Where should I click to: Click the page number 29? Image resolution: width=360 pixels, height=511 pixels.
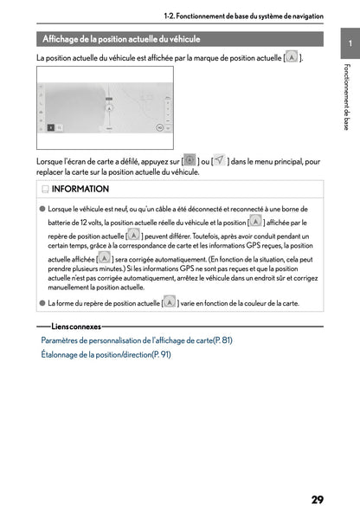[318, 475]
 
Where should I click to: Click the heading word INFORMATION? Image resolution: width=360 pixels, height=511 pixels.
[80, 189]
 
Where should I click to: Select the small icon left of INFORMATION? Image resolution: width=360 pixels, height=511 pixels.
[44, 189]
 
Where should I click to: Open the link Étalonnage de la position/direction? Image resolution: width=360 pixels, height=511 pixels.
[106, 354]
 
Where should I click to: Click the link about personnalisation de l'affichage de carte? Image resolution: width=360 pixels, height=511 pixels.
[137, 340]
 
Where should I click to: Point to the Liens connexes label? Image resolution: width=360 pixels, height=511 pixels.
[76, 327]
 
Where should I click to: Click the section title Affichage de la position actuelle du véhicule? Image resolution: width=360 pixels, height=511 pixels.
[122, 39]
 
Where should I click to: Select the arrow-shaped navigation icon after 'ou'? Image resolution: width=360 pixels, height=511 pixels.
[220, 160]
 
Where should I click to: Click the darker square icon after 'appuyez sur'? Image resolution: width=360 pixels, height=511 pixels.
[190, 160]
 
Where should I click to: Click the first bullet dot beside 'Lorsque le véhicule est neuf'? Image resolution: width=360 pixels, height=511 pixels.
[42, 210]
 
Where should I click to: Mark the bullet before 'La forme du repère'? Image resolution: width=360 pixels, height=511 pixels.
[42, 303]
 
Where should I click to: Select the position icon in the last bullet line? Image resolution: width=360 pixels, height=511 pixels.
[169, 302]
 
